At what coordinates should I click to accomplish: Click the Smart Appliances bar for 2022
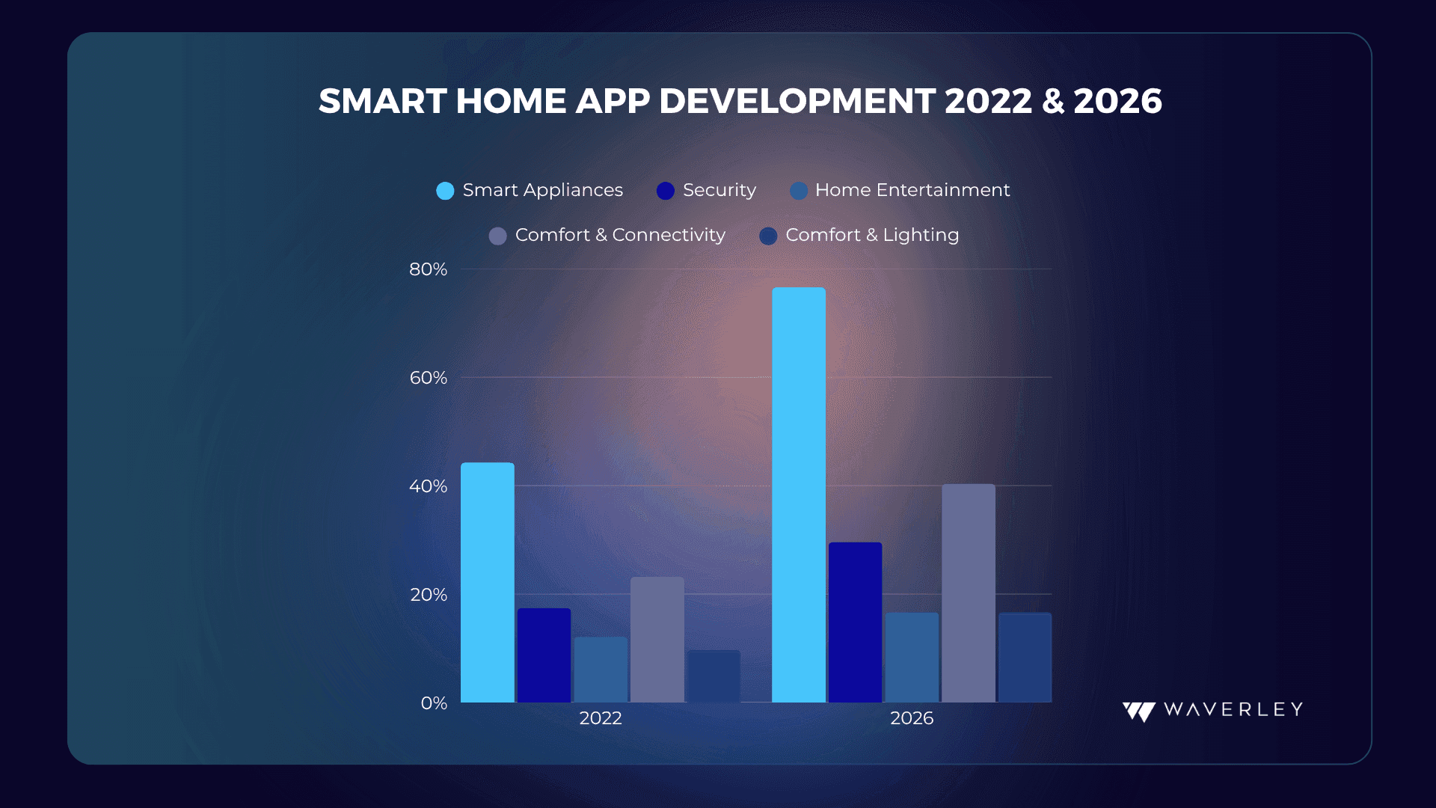point(488,582)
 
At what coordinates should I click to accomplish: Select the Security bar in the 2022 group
point(544,655)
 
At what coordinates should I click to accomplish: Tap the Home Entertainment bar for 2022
point(601,670)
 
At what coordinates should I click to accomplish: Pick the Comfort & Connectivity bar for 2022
point(657,640)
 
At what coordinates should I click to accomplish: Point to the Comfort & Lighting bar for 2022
point(714,676)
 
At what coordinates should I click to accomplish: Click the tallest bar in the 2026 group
point(799,495)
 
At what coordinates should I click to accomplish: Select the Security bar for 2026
point(855,622)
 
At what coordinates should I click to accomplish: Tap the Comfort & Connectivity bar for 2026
point(969,593)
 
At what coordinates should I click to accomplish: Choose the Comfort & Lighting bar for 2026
point(1025,658)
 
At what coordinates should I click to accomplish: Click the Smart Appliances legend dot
point(445,191)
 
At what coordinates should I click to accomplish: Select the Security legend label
point(719,190)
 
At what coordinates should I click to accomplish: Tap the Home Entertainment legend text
point(912,190)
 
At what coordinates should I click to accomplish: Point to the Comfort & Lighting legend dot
point(768,236)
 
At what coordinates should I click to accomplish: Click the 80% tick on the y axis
point(428,269)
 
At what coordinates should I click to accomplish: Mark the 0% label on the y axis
point(434,703)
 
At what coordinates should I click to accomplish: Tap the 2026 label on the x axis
point(912,718)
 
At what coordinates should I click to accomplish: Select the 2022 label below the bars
point(601,718)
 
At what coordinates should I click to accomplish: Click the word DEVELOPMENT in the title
point(797,101)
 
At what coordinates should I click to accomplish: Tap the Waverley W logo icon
point(1138,711)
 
